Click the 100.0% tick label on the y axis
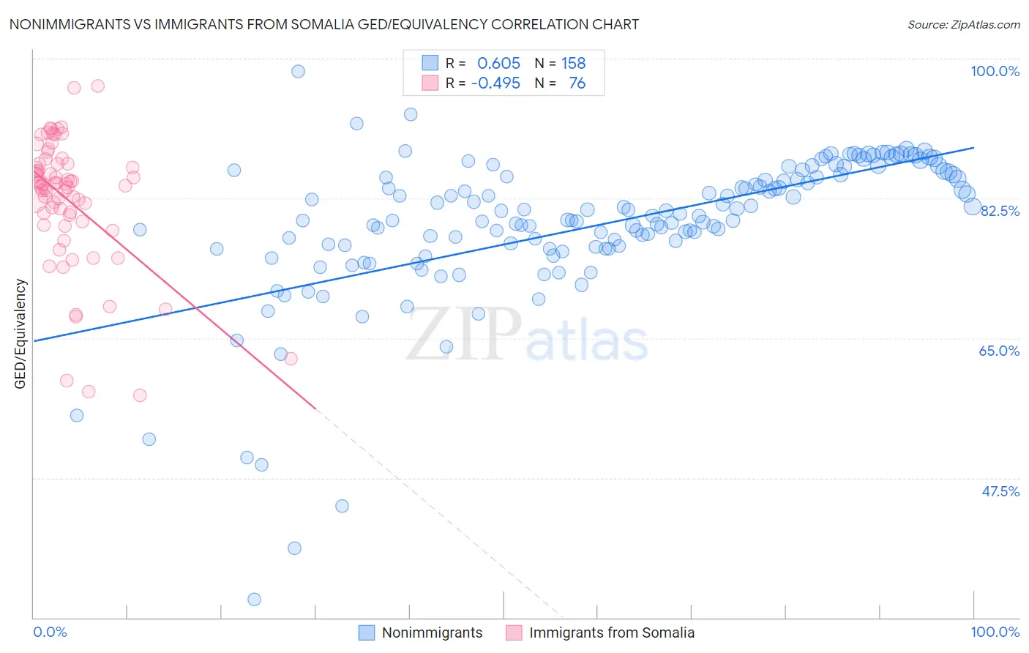pyautogui.click(x=995, y=71)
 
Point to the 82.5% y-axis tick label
pyautogui.click(x=1000, y=211)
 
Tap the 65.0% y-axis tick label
pyautogui.click(x=999, y=351)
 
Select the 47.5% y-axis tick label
pyautogui.click(x=1000, y=491)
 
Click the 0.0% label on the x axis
pyautogui.click(x=50, y=632)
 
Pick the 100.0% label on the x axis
pyautogui.click(x=995, y=632)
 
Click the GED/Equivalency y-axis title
pyautogui.click(x=20, y=334)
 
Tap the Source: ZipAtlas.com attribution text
pyautogui.click(x=963, y=25)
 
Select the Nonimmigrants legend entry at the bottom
pyautogui.click(x=432, y=633)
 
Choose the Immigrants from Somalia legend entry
pyautogui.click(x=611, y=633)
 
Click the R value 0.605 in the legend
pyautogui.click(x=498, y=64)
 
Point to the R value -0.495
pyautogui.click(x=495, y=83)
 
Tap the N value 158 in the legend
pyautogui.click(x=573, y=64)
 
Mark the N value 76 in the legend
pyautogui.click(x=577, y=83)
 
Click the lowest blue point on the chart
pyautogui.click(x=254, y=600)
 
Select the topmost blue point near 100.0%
pyautogui.click(x=298, y=71)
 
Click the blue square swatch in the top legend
pyautogui.click(x=430, y=63)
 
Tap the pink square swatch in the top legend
pyautogui.click(x=430, y=83)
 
